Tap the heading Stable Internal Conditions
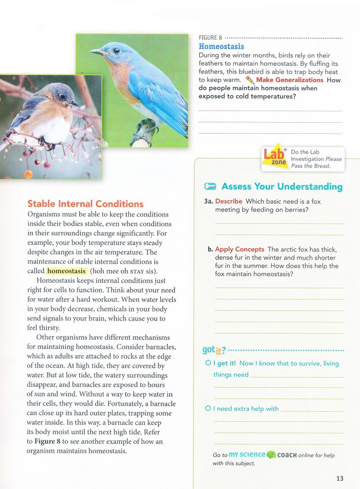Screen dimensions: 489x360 [85, 204]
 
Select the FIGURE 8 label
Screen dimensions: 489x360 [211, 38]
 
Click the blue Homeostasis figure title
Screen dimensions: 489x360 [221, 47]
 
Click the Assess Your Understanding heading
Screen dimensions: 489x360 [282, 187]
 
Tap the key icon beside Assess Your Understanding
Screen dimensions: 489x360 [210, 187]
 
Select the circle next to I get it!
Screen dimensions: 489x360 [208, 363]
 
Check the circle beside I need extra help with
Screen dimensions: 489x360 [208, 408]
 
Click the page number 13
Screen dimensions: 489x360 [339, 478]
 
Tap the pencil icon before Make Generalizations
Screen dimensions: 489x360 [250, 80]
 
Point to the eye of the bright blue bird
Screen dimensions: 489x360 [116, 50]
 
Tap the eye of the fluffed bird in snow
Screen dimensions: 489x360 [62, 96]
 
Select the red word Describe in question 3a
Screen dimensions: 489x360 [229, 201]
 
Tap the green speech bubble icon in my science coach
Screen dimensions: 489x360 [271, 455]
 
